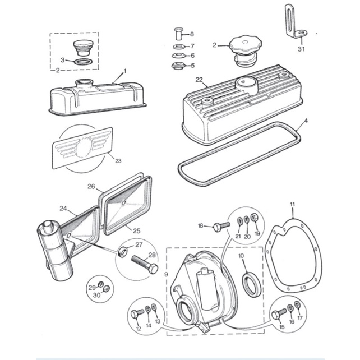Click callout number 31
[301, 49]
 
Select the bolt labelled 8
[178, 33]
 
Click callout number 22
[199, 81]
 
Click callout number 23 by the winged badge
[117, 161]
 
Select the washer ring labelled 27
[123, 250]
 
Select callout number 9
[166, 273]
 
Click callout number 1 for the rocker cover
[124, 71]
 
